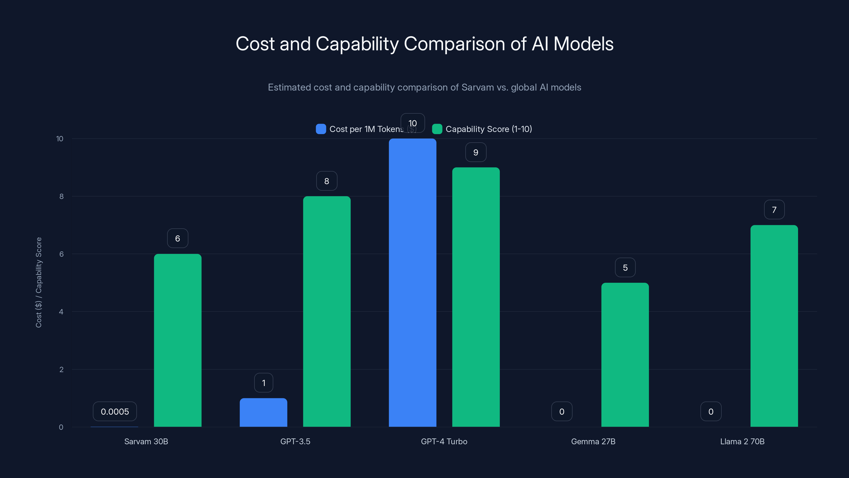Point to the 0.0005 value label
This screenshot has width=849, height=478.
click(115, 411)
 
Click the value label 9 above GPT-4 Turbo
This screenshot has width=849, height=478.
click(476, 152)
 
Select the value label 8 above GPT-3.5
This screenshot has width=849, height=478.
click(327, 181)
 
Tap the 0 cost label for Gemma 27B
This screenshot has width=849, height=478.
click(562, 411)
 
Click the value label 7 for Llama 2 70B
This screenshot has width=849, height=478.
click(774, 210)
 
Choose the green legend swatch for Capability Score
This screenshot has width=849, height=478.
click(437, 129)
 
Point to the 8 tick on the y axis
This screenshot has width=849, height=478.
click(61, 196)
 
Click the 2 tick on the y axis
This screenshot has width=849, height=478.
click(61, 369)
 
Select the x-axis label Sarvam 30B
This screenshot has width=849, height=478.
click(146, 441)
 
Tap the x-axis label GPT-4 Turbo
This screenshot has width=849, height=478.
click(444, 441)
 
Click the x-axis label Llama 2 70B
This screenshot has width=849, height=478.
click(742, 441)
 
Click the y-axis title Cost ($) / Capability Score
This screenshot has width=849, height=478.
click(38, 282)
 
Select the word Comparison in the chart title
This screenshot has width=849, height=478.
click(454, 44)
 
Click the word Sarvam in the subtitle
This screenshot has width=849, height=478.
click(477, 87)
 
